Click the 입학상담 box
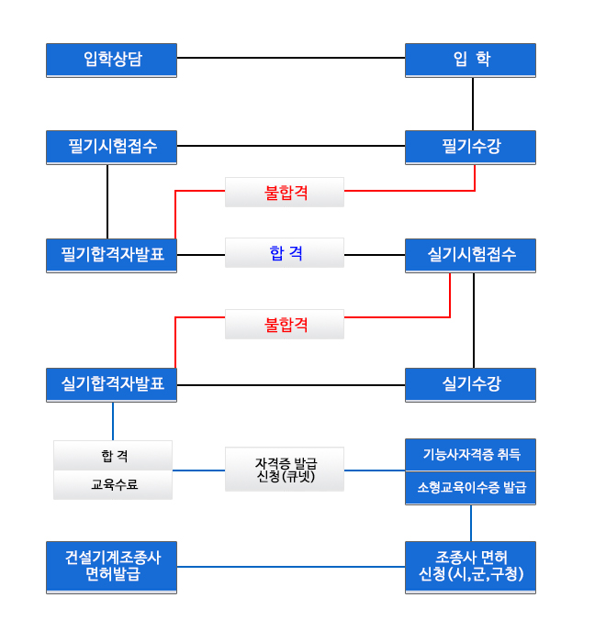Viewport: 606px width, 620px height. pyautogui.click(x=111, y=61)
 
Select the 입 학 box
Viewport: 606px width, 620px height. pyautogui.click(x=470, y=61)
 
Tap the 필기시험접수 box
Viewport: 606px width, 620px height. pyautogui.click(x=111, y=147)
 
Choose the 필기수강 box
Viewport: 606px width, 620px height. pyautogui.click(x=470, y=147)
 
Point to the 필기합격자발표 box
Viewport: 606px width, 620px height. pyautogui.click(x=111, y=256)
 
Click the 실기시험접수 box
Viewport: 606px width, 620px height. pyautogui.click(x=470, y=256)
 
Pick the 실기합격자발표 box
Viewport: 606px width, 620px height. pyautogui.click(x=111, y=384)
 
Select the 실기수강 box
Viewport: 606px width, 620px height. pyautogui.click(x=470, y=384)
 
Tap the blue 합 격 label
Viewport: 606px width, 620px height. pyautogui.click(x=285, y=252)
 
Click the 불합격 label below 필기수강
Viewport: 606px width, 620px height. pyautogui.click(x=285, y=193)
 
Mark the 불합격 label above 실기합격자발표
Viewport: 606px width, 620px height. pyautogui.click(x=285, y=325)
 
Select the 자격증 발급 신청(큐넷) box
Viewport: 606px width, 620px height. pyautogui.click(x=285, y=470)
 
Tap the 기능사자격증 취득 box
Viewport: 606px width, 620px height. pyautogui.click(x=470, y=455)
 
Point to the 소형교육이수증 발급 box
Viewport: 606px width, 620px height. pyautogui.click(x=470, y=488)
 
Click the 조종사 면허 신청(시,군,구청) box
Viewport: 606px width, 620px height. pyautogui.click(x=470, y=568)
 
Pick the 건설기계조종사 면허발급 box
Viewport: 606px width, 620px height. pyautogui.click(x=111, y=568)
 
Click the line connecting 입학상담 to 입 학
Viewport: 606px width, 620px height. pyautogui.click(x=291, y=58)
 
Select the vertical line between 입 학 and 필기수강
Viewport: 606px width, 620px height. pyautogui.click(x=473, y=104)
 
